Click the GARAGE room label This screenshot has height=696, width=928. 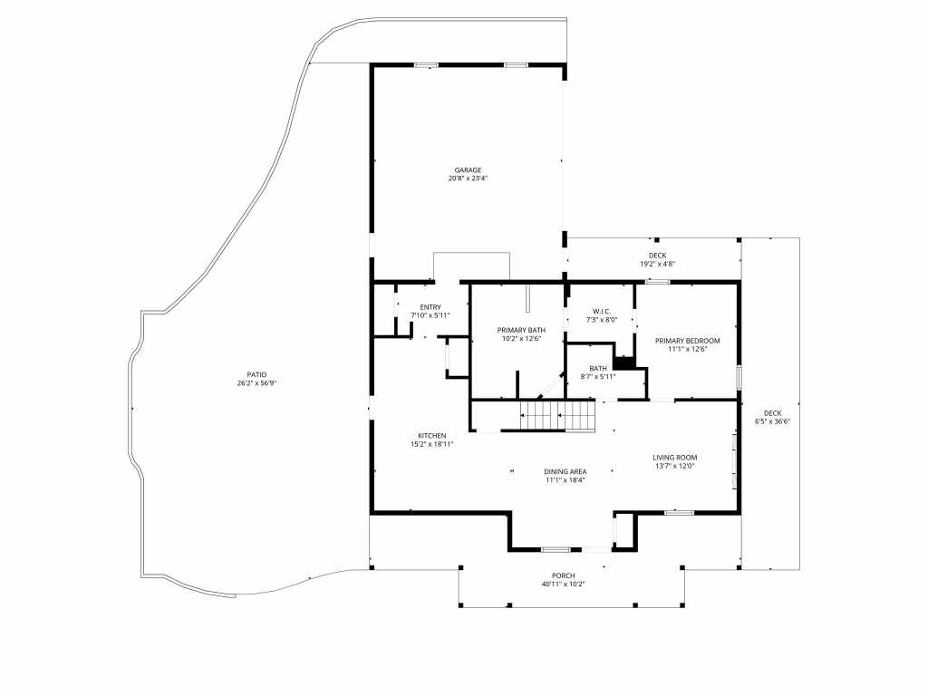click(x=468, y=169)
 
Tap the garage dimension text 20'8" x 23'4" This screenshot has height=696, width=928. click(x=468, y=179)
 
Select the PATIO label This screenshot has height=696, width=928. click(x=256, y=374)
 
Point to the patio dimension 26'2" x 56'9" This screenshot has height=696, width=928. click(x=256, y=383)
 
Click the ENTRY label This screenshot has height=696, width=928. click(x=430, y=306)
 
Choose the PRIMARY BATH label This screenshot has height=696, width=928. click(x=520, y=330)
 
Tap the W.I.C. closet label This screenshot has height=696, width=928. click(x=602, y=311)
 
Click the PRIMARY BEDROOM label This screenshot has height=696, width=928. click(x=687, y=341)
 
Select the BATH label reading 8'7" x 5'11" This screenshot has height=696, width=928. click(x=598, y=368)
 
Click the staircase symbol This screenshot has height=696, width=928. click(x=558, y=416)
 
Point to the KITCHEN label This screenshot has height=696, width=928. click(x=431, y=435)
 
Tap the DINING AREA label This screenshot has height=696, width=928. click(x=565, y=471)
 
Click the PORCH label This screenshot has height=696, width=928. click(x=563, y=575)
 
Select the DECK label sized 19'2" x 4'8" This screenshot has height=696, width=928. click(x=657, y=256)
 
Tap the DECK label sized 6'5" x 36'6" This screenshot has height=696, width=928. click(x=772, y=413)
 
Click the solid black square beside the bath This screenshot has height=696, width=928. click(x=624, y=363)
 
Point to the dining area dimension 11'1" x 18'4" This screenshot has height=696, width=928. click(x=565, y=480)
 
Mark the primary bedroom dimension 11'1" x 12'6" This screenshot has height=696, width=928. click(x=687, y=350)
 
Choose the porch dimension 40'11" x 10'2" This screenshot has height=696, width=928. click(x=563, y=585)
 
